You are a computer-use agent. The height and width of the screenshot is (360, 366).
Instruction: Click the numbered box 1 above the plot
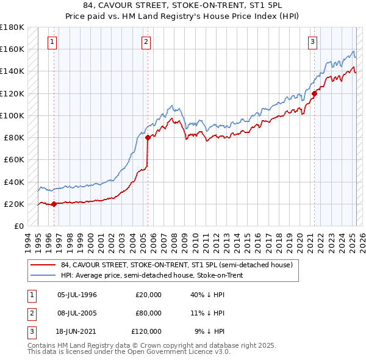point(52,42)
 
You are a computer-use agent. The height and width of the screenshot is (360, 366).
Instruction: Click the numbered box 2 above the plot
point(146,42)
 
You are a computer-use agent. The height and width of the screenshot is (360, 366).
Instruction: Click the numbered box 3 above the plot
point(312,42)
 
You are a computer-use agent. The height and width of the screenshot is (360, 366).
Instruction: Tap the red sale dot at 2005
point(148,137)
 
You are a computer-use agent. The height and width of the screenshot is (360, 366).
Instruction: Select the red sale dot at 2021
point(315,93)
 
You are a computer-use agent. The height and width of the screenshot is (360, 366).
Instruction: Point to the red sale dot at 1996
point(54,204)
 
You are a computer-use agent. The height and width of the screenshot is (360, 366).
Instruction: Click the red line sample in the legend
point(42,265)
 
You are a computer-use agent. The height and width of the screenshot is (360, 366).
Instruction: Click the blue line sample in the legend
point(42,275)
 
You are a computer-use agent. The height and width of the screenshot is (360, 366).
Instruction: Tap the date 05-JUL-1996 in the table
point(77,295)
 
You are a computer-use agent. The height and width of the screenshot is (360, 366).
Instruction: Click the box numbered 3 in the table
point(30,331)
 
